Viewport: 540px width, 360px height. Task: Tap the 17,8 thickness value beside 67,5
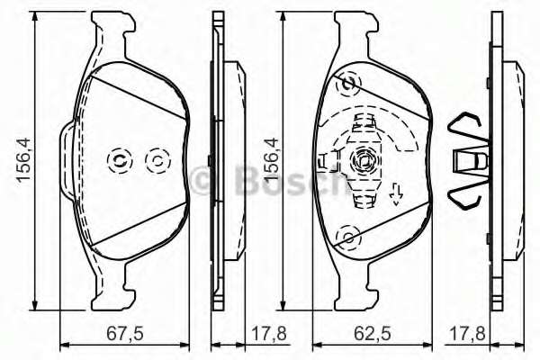pos(269,334)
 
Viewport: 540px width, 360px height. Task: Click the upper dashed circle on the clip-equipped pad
pos(346,84)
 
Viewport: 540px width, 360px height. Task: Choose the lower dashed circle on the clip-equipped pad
pos(346,238)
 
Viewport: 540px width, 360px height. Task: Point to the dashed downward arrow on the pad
pos(395,193)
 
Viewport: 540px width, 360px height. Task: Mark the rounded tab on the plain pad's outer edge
pos(64,160)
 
